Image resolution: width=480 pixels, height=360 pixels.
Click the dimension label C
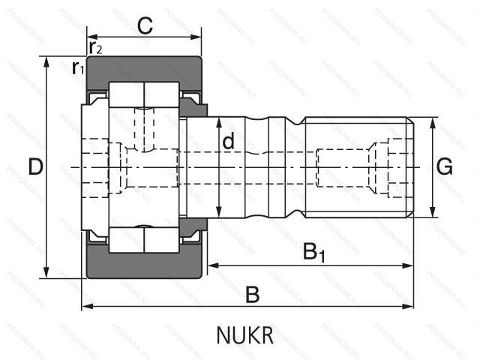point(145,26)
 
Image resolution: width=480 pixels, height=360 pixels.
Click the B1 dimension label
point(313,252)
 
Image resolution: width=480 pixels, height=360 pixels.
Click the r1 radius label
point(77,68)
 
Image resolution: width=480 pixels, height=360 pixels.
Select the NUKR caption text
point(245,334)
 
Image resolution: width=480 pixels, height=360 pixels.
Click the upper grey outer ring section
point(142,70)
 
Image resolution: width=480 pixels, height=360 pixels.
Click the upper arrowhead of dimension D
point(47,61)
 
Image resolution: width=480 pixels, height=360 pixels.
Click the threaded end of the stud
point(360,166)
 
